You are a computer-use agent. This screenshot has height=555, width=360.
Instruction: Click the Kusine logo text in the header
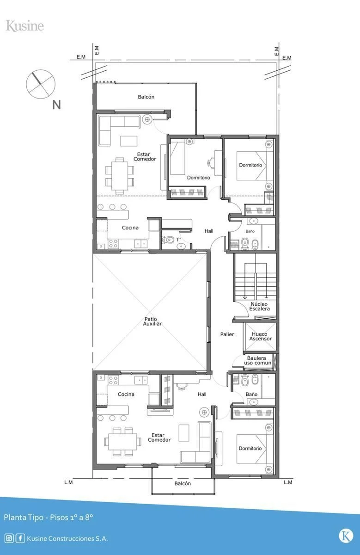click(x=25, y=26)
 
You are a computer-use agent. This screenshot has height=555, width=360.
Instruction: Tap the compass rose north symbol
click(x=41, y=84)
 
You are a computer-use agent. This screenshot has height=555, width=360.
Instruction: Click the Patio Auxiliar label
click(x=152, y=321)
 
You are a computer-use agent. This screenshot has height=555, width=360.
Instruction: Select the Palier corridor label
click(x=227, y=334)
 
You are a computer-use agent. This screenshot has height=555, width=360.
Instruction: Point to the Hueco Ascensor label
click(x=260, y=336)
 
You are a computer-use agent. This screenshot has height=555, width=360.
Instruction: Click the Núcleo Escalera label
click(x=259, y=306)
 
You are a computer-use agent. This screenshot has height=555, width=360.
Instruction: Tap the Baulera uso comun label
click(x=257, y=360)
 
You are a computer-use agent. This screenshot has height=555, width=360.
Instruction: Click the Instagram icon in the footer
click(x=9, y=538)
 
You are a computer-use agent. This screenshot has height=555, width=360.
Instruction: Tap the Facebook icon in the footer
click(x=20, y=538)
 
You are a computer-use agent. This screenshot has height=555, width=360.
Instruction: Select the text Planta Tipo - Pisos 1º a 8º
click(x=49, y=517)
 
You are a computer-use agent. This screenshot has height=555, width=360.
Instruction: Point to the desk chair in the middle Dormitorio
click(x=211, y=162)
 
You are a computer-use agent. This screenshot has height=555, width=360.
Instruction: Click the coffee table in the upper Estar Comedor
click(x=129, y=141)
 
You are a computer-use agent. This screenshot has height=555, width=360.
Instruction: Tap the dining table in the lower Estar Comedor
click(x=122, y=442)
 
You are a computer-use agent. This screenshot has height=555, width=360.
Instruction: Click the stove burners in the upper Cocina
click(x=113, y=244)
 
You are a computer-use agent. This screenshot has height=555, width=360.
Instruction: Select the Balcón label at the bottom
click(x=183, y=483)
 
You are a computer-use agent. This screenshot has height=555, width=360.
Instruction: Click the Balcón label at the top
click(x=146, y=97)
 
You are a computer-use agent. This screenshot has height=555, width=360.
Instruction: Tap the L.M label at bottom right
click(x=288, y=482)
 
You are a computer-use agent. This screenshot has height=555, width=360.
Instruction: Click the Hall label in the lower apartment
click(x=202, y=394)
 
